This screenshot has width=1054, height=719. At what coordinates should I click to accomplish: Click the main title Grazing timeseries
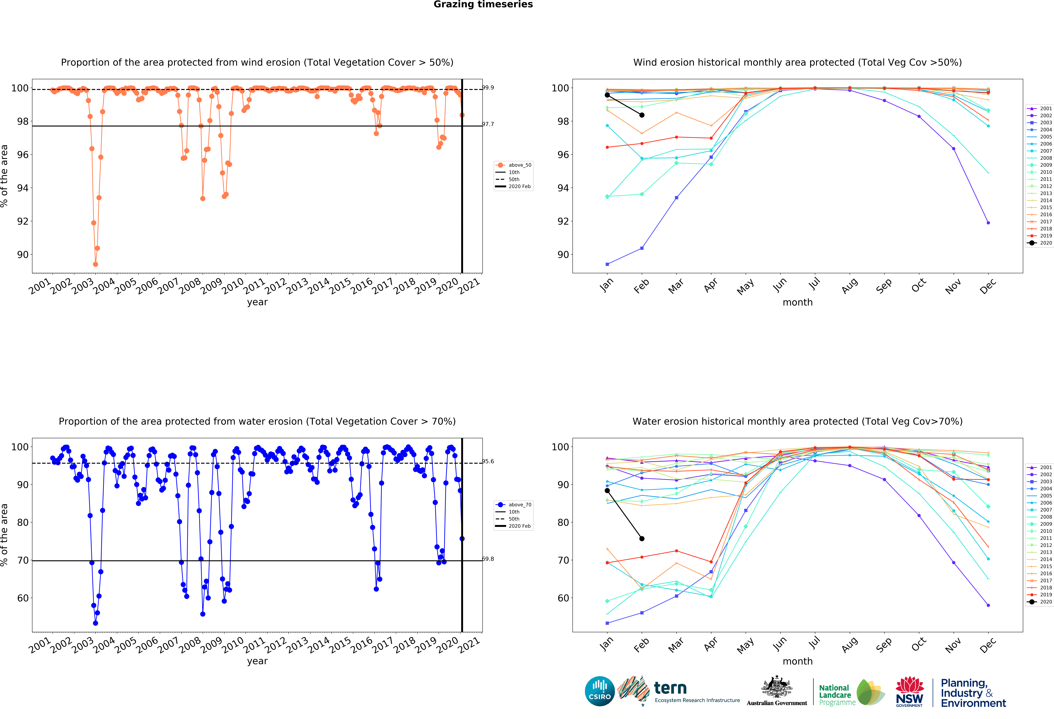(x=483, y=5)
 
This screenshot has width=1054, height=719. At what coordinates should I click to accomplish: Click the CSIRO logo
(x=600, y=691)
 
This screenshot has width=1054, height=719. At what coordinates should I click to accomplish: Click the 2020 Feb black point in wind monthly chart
(x=642, y=115)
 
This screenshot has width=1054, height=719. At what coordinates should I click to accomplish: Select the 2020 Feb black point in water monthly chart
(x=642, y=539)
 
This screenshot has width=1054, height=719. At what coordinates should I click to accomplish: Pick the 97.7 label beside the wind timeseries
(x=488, y=124)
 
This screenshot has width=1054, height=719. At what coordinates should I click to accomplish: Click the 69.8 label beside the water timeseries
(x=488, y=559)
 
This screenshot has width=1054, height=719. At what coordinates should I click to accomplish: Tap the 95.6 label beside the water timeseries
(x=488, y=461)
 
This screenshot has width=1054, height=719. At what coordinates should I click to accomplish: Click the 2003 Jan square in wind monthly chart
(x=607, y=264)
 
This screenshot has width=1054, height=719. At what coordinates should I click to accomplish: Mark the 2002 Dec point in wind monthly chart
(x=988, y=223)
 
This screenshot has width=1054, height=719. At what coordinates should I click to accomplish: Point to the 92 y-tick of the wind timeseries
(x=23, y=221)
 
